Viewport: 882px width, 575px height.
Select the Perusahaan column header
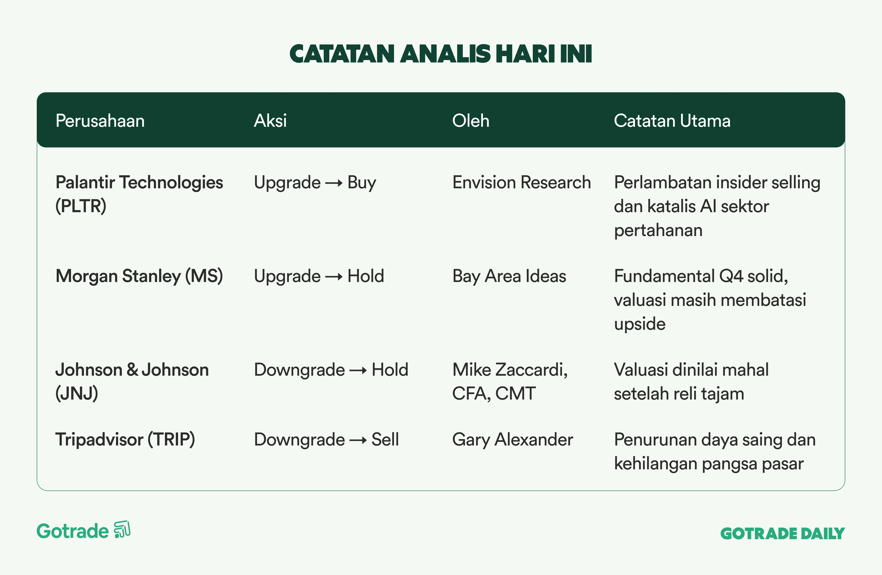(x=100, y=121)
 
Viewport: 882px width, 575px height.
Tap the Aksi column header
(x=270, y=121)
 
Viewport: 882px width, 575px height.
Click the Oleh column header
(x=471, y=121)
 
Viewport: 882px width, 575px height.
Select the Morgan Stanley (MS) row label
(x=139, y=276)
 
